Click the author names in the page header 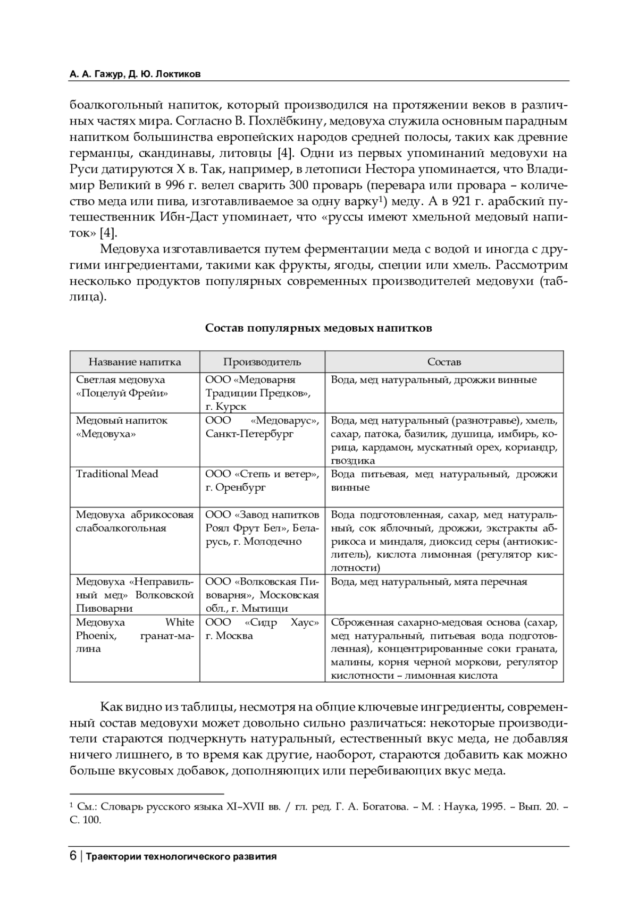point(135,74)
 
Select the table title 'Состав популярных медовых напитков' point(318,328)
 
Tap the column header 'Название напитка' point(135,362)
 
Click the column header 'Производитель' point(262,362)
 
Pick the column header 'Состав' point(444,362)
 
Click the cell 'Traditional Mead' point(117,474)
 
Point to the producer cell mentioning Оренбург point(262,480)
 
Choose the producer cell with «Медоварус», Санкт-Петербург point(262,427)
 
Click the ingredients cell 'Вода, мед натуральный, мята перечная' point(429,581)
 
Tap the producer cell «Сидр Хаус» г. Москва point(262,629)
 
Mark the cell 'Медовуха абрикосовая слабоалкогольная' point(135,521)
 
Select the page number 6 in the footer point(73,856)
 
